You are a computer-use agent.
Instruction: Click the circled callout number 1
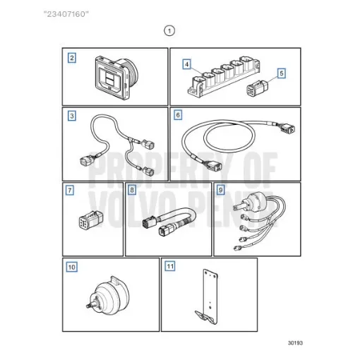tap(168, 30)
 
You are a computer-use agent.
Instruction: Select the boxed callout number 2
tap(71, 57)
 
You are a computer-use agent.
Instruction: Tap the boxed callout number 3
tap(71, 116)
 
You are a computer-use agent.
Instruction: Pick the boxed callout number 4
tap(186, 64)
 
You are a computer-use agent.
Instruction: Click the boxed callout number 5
tap(281, 72)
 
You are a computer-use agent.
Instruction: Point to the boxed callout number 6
tap(178, 114)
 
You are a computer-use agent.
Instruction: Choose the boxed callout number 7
tap(70, 190)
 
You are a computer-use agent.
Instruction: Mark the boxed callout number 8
tap(132, 190)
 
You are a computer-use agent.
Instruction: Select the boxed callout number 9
tap(221, 190)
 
